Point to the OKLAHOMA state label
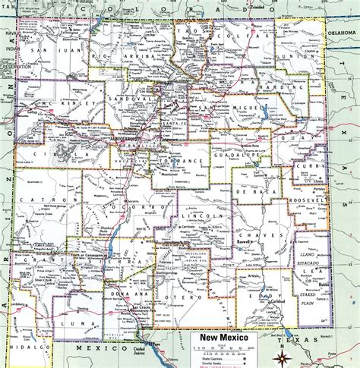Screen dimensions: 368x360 point(340,33)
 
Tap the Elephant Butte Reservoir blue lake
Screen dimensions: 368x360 point(115,244)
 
